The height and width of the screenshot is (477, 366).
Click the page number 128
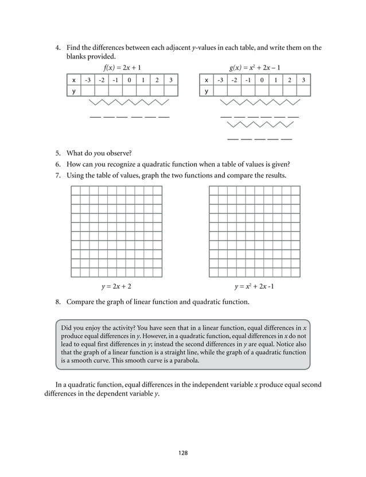pyautogui.click(x=183, y=453)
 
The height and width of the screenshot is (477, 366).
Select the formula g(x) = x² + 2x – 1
pyautogui.click(x=255, y=67)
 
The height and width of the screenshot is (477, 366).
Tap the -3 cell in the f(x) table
pyautogui.click(x=88, y=80)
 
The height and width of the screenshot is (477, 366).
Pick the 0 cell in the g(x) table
pyautogui.click(x=262, y=80)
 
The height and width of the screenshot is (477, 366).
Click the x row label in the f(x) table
pyautogui.click(x=73, y=80)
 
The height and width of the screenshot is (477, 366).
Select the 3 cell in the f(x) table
pyautogui.click(x=170, y=80)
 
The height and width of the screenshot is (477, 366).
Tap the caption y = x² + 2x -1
pyautogui.click(x=254, y=285)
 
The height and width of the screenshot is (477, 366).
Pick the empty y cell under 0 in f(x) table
pyautogui.click(x=129, y=91)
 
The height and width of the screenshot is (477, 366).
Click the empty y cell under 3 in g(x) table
pyautogui.click(x=303, y=91)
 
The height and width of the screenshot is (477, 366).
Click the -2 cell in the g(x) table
pyautogui.click(x=234, y=80)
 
